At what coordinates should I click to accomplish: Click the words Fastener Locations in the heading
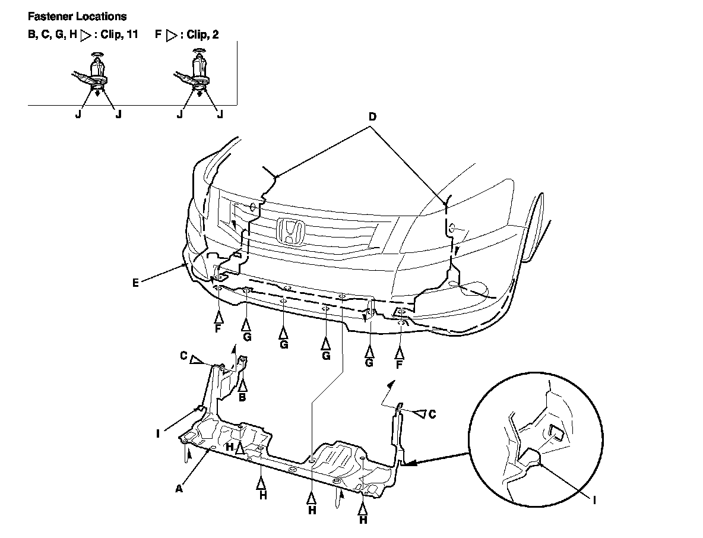tap(77, 17)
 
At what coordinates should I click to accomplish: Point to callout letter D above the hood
tap(372, 117)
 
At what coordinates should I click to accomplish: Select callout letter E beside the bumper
tap(136, 283)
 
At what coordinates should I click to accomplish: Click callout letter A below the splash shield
tap(179, 489)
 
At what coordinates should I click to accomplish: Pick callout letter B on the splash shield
tap(242, 397)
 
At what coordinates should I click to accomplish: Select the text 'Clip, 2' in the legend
tap(202, 35)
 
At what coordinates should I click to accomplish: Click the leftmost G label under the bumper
tap(247, 337)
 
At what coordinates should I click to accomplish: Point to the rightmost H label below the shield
tap(363, 520)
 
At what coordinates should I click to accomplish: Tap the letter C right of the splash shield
tap(432, 414)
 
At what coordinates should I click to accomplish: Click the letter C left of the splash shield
tap(184, 356)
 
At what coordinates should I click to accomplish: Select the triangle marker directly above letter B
tap(242, 384)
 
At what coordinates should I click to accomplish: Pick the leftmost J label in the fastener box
tap(78, 115)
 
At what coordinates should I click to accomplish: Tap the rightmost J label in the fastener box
tap(220, 115)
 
